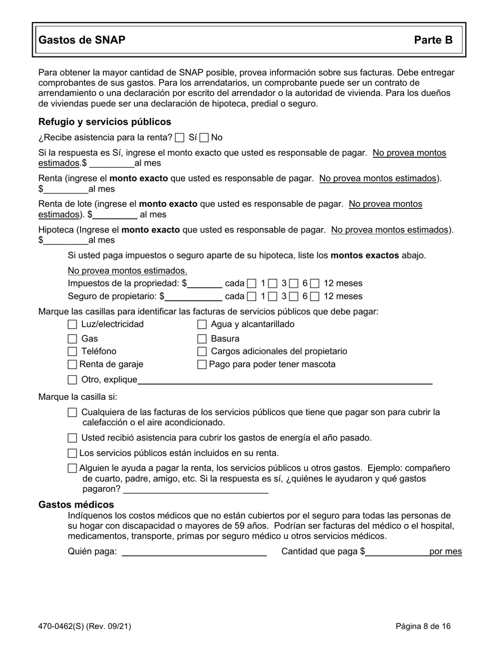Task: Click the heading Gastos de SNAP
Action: pyautogui.click(x=82, y=40)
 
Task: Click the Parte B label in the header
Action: pyautogui.click(x=433, y=40)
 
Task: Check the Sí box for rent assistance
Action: pyautogui.click(x=179, y=138)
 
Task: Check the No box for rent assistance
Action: pyautogui.click(x=205, y=138)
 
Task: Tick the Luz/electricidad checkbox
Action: pyautogui.click(x=73, y=324)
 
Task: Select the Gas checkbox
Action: pyautogui.click(x=73, y=339)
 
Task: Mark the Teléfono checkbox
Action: pyautogui.click(x=73, y=351)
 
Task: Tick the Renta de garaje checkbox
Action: pyautogui.click(x=73, y=364)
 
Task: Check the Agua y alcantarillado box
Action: pyautogui.click(x=201, y=324)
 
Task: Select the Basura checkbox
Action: pyautogui.click(x=201, y=339)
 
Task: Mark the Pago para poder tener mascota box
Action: pyautogui.click(x=201, y=364)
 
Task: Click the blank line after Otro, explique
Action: pyautogui.click(x=285, y=380)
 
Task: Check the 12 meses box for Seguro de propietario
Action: pyautogui.click(x=315, y=297)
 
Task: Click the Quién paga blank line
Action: pyautogui.click(x=194, y=552)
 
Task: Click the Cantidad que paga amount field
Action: pyautogui.click(x=397, y=552)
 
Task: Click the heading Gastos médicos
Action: pyautogui.click(x=76, y=505)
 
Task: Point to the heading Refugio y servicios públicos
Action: pyautogui.click(x=104, y=122)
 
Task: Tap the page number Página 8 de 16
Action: pyautogui.click(x=423, y=627)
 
